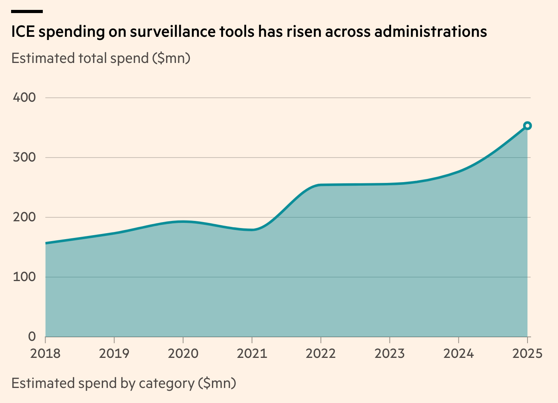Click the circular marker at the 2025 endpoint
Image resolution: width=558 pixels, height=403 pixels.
pos(527,126)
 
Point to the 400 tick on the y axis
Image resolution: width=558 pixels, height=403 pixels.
pos(24,97)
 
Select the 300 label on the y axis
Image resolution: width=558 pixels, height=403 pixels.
pos(24,157)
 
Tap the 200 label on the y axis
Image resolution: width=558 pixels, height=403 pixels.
pos(24,217)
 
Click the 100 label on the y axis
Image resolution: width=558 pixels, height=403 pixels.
pos(24,277)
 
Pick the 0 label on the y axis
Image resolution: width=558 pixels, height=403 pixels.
pos(32,336)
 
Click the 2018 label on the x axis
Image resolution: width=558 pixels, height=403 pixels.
pos(46,353)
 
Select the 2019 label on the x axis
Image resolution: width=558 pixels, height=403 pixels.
pos(114,353)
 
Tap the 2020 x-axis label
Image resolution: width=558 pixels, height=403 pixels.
pos(183,353)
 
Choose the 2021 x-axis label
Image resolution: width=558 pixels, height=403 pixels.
pos(252,353)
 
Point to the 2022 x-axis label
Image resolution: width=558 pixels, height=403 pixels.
pos(321,353)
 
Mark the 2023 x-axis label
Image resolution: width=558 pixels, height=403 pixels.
pos(390,353)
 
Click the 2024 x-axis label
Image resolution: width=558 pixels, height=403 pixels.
pos(459,353)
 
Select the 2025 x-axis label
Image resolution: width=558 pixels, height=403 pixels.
pos(527,353)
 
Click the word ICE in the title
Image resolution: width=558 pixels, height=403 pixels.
pos(23,32)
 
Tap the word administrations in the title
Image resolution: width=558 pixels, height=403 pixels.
pos(430,32)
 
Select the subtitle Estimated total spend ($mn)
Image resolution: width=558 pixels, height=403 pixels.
pos(101,58)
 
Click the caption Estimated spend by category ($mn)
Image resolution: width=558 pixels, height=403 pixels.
pos(124,383)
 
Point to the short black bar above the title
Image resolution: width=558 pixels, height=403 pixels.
pos(27,11)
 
